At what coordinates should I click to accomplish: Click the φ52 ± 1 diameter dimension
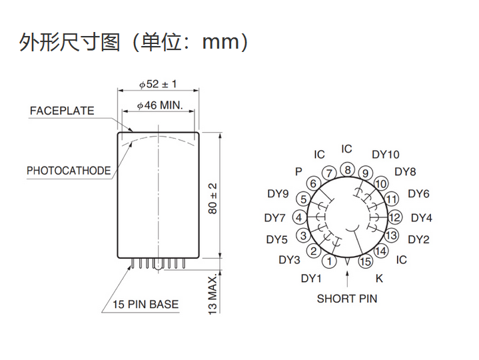(158, 84)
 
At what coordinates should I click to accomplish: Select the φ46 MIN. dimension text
(160, 105)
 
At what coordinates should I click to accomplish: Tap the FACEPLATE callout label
(62, 111)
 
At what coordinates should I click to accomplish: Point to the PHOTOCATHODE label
(69, 171)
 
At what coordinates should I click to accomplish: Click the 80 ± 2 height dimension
(213, 199)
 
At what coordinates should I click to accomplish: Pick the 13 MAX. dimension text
(213, 294)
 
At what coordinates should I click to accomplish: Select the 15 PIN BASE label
(146, 305)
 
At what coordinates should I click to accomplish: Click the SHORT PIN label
(347, 299)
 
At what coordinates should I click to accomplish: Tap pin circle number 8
(348, 170)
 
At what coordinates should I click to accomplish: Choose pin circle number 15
(365, 261)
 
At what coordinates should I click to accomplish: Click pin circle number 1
(329, 261)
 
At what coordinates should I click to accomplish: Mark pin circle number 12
(394, 217)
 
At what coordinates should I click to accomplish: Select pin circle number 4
(299, 217)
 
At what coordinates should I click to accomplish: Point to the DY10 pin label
(386, 155)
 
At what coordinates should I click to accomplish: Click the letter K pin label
(379, 279)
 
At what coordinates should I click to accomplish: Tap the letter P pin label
(298, 172)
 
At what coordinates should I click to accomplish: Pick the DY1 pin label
(311, 279)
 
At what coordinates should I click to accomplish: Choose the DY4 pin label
(422, 218)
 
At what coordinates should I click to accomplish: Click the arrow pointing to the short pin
(347, 279)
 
